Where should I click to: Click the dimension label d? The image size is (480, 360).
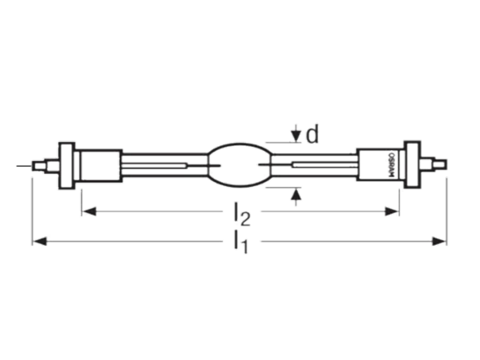pyautogui.click(x=313, y=135)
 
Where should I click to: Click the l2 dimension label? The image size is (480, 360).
pyautogui.click(x=242, y=214)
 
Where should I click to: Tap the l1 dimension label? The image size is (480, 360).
pyautogui.click(x=241, y=242)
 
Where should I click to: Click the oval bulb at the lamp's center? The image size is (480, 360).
pyautogui.click(x=240, y=165)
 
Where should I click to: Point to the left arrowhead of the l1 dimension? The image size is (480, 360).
pyautogui.click(x=40, y=242)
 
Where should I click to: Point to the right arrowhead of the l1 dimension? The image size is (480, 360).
pyautogui.click(x=438, y=242)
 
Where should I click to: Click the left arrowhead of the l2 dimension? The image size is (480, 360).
pyautogui.click(x=90, y=211)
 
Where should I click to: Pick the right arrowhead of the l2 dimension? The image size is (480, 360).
pyautogui.click(x=392, y=211)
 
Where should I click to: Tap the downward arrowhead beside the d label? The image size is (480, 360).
pyautogui.click(x=296, y=136)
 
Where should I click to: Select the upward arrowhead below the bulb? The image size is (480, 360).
pyautogui.click(x=296, y=194)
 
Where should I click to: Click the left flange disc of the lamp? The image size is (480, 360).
pyautogui.click(x=67, y=165)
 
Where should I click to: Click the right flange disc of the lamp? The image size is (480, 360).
pyautogui.click(x=412, y=165)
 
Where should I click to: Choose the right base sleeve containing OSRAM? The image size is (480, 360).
pyautogui.click(x=380, y=165)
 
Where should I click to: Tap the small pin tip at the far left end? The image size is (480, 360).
pyautogui.click(x=38, y=166)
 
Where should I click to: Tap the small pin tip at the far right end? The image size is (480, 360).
pyautogui.click(x=441, y=165)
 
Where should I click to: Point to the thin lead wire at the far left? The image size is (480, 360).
pyautogui.click(x=24, y=166)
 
